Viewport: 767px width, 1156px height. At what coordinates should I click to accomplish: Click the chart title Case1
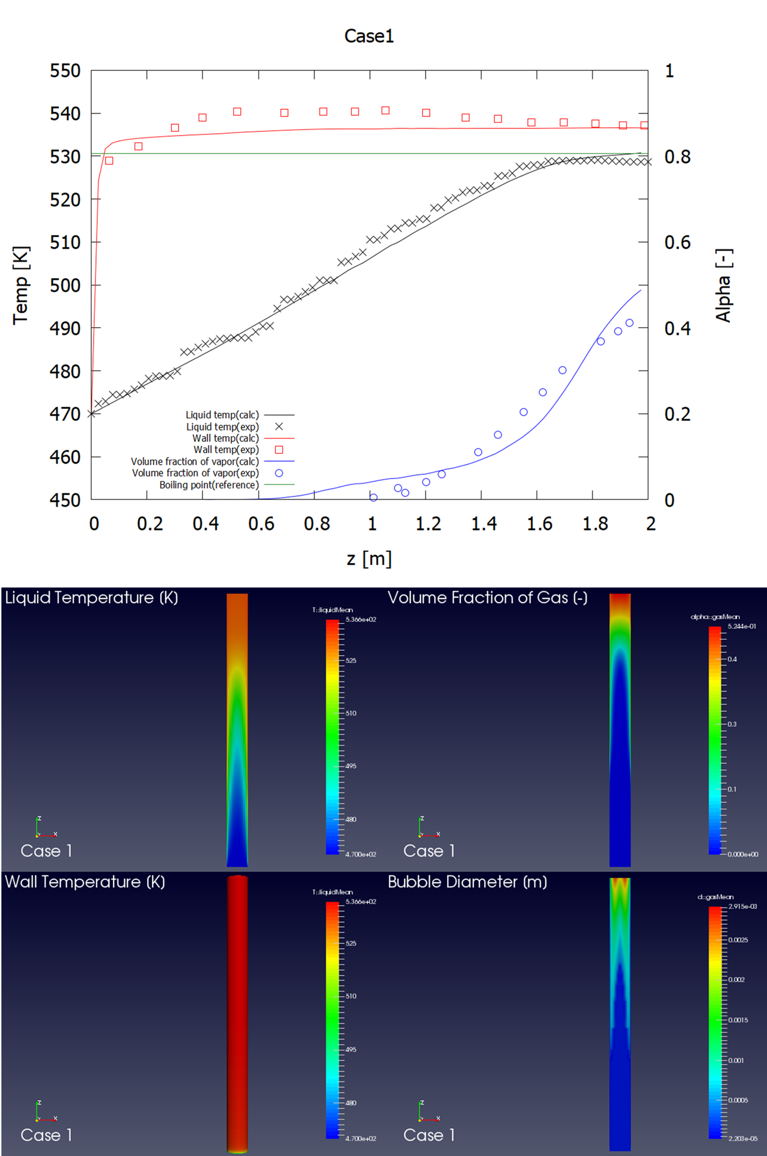[x=369, y=36]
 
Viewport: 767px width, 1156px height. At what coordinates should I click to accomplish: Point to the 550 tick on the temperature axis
[x=65, y=71]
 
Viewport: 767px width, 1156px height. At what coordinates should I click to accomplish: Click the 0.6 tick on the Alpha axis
[x=677, y=242]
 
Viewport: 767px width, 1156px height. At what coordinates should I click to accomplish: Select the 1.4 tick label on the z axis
[x=484, y=524]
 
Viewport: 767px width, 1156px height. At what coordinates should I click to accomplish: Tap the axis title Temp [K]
[x=21, y=285]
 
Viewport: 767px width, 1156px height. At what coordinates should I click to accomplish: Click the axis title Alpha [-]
[x=723, y=285]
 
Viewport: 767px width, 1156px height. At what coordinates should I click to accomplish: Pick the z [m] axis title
[x=369, y=558]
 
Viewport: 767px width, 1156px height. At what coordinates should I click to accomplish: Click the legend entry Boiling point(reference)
[x=209, y=485]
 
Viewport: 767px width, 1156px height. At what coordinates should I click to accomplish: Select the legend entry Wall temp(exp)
[x=226, y=450]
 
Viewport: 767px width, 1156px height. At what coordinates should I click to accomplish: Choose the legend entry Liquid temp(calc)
[x=222, y=415]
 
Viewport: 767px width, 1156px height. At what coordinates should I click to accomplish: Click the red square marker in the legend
[x=279, y=450]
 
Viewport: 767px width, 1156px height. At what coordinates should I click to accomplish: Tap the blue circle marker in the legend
[x=279, y=473]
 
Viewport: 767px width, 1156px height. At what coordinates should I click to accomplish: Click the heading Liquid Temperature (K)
[x=91, y=597]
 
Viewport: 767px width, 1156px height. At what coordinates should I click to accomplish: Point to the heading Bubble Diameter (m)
[x=467, y=882]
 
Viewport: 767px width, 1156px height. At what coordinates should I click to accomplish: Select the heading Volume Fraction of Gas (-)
[x=487, y=597]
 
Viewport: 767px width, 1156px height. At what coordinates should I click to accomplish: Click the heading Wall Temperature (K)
[x=85, y=882]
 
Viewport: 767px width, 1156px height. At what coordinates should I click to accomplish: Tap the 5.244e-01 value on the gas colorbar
[x=741, y=626]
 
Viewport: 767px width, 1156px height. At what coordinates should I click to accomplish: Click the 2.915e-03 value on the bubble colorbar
[x=742, y=906]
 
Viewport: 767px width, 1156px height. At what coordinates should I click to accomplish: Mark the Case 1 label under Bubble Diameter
[x=429, y=1135]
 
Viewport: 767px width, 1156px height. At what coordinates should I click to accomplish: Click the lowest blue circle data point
[x=373, y=497]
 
